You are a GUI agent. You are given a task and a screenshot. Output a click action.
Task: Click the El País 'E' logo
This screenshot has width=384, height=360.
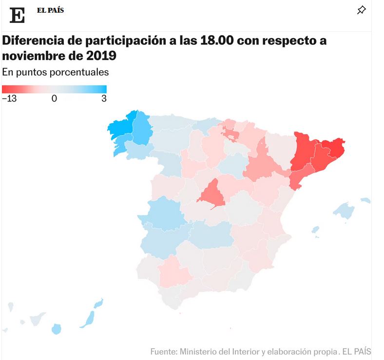[17, 15]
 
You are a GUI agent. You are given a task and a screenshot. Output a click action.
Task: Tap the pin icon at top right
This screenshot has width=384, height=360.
[361, 10]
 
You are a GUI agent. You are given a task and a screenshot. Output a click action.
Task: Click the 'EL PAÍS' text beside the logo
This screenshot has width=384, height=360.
[50, 10]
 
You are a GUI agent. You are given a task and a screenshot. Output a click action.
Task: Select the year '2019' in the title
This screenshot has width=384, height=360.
[100, 56]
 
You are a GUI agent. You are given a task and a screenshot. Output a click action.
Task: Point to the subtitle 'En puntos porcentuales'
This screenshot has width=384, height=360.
[55, 72]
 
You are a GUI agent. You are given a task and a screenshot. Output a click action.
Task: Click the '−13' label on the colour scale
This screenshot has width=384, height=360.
[9, 98]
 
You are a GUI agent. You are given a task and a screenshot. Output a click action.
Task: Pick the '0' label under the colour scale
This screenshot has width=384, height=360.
[54, 98]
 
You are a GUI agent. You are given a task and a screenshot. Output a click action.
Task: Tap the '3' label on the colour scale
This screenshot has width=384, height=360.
[104, 98]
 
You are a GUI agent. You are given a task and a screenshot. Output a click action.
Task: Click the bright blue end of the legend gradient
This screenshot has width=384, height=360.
[102, 89]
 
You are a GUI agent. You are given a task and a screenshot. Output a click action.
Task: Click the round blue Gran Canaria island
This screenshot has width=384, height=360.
[57, 329]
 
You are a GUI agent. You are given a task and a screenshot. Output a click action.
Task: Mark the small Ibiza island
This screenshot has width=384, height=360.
[315, 229]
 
